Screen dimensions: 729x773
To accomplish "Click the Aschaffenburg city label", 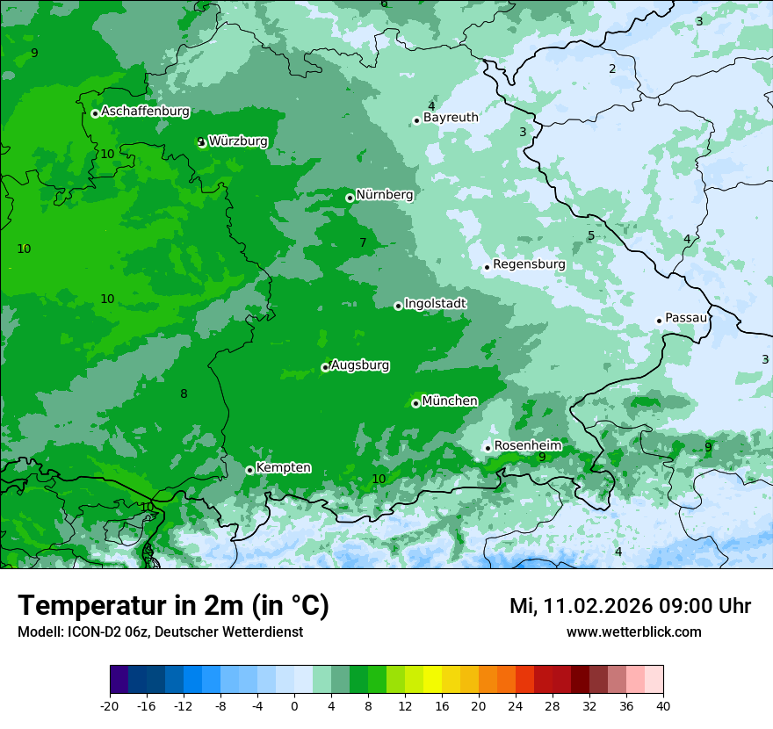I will (x=145, y=112).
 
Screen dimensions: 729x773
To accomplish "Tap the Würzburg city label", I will (x=238, y=141).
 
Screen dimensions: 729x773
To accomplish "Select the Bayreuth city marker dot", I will (x=416, y=121).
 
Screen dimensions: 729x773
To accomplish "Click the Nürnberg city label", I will (x=384, y=195).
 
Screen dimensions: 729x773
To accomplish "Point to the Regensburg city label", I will (x=529, y=264).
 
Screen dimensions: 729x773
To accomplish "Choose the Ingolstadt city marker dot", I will (x=398, y=306).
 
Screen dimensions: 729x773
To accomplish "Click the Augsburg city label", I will (x=359, y=365).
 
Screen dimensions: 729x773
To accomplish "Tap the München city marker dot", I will (x=415, y=404).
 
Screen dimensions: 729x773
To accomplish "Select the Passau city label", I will (x=686, y=318).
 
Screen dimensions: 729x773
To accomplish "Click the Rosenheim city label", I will (x=527, y=446).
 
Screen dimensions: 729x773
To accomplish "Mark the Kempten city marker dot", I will (x=249, y=470).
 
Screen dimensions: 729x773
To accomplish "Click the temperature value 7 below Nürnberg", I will (x=363, y=242).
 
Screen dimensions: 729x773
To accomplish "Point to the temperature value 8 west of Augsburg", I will (x=184, y=393).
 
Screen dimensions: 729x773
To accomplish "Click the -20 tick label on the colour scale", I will (x=110, y=706).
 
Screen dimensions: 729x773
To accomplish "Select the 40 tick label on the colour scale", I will (x=662, y=706).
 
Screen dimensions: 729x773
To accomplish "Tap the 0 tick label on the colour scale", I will (x=294, y=706).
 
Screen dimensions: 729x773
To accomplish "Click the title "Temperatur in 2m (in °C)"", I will (x=173, y=606).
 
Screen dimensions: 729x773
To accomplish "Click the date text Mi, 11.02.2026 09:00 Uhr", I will (x=630, y=606).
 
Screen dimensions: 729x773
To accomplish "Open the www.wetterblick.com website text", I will (x=633, y=632).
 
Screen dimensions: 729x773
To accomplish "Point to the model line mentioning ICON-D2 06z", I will (x=160, y=632).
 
